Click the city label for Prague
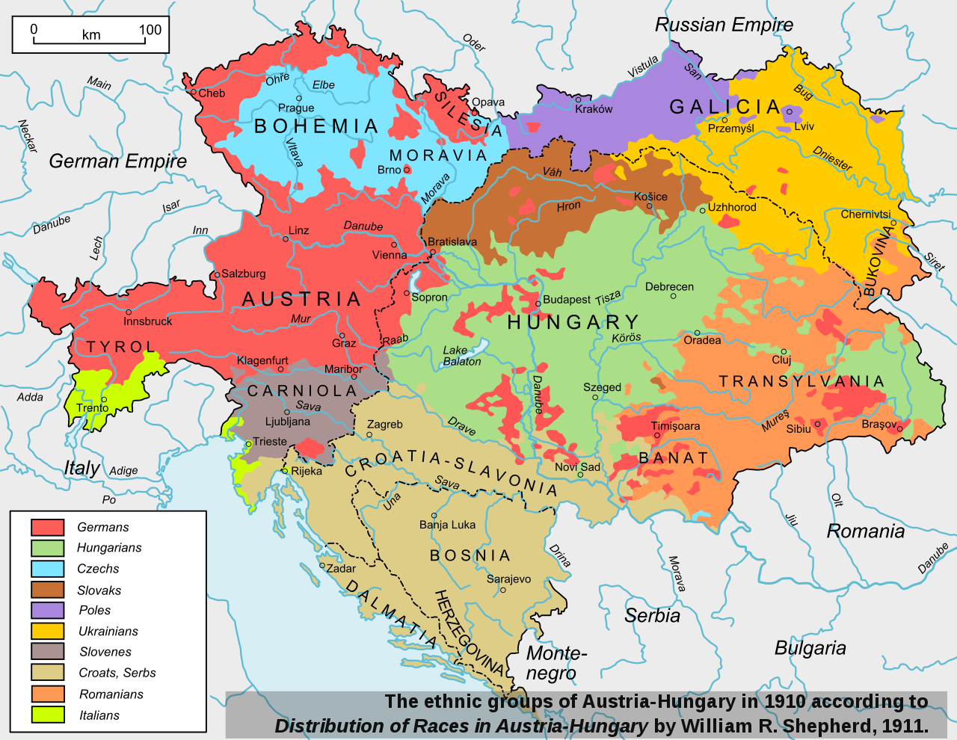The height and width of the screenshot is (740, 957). [296, 108]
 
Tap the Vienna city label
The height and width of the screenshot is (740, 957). [390, 255]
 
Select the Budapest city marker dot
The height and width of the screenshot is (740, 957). [538, 303]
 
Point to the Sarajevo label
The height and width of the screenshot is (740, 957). [508, 579]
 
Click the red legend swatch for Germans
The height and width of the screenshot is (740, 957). [47, 527]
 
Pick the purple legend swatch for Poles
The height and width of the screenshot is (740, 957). [47, 610]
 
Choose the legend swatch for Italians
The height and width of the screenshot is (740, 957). [47, 715]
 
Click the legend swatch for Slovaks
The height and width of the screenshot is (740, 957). [47, 590]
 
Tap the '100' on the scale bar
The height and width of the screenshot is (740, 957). [150, 30]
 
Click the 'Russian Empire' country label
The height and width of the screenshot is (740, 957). [724, 25]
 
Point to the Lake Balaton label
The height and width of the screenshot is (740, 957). [461, 356]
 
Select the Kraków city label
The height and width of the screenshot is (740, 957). [594, 109]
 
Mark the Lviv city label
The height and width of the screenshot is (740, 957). [804, 126]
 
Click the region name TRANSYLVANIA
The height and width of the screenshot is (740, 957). [801, 382]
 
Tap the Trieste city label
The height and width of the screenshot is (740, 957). [270, 442]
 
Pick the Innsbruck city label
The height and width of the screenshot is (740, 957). [147, 321]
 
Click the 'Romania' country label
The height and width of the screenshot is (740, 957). [865, 531]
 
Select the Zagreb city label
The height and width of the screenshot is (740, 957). [384, 425]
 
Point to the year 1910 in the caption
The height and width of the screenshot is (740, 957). [784, 702]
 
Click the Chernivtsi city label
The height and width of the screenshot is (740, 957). [865, 215]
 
